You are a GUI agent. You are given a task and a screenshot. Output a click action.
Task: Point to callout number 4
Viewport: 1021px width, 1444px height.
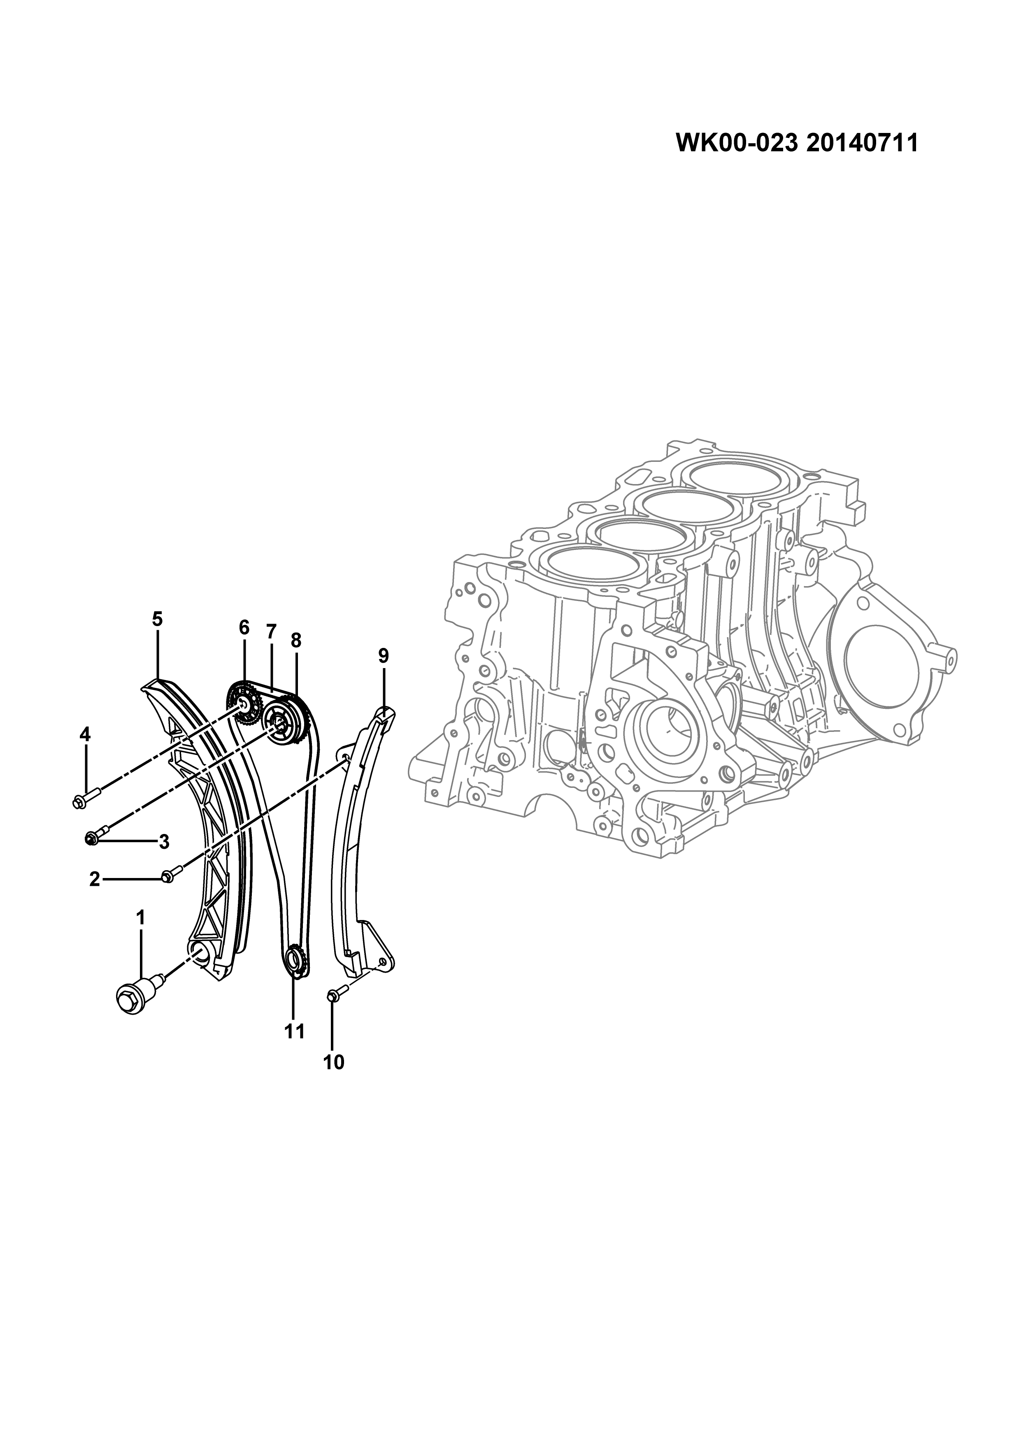[85, 734]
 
